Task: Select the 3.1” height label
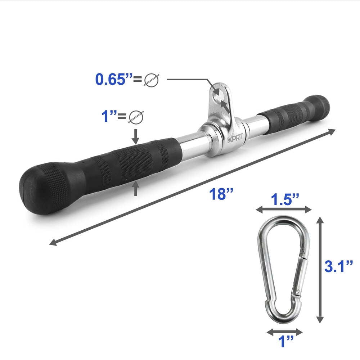(x=338, y=267)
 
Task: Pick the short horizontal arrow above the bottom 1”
(x=285, y=330)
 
